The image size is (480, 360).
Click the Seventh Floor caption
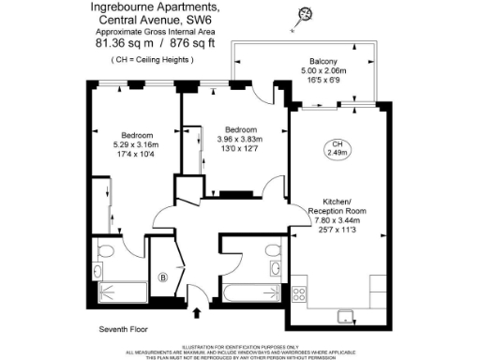(125, 330)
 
